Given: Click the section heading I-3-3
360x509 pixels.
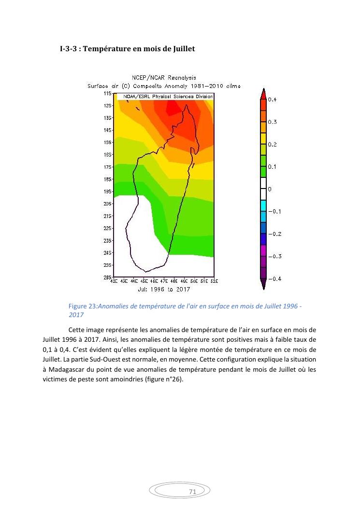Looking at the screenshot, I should (x=127, y=49).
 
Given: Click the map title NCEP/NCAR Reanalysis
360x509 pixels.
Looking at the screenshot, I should (x=164, y=78).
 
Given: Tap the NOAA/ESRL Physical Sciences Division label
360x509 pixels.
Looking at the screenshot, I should (x=165, y=97).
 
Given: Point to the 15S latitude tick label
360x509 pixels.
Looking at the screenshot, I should (x=108, y=143).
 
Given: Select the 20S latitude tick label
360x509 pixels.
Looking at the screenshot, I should (x=108, y=204).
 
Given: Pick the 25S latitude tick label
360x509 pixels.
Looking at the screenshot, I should (x=108, y=265).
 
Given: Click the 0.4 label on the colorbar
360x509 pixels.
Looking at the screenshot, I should (x=273, y=100).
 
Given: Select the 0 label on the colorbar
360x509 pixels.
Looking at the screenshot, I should (x=270, y=189).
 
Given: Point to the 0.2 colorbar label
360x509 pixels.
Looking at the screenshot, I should (x=273, y=145).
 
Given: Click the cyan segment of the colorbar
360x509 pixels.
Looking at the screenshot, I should (x=263, y=206).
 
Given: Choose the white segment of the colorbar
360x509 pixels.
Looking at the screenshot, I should (x=263, y=189).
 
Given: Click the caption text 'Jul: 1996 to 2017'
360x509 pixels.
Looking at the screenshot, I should (x=164, y=290).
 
